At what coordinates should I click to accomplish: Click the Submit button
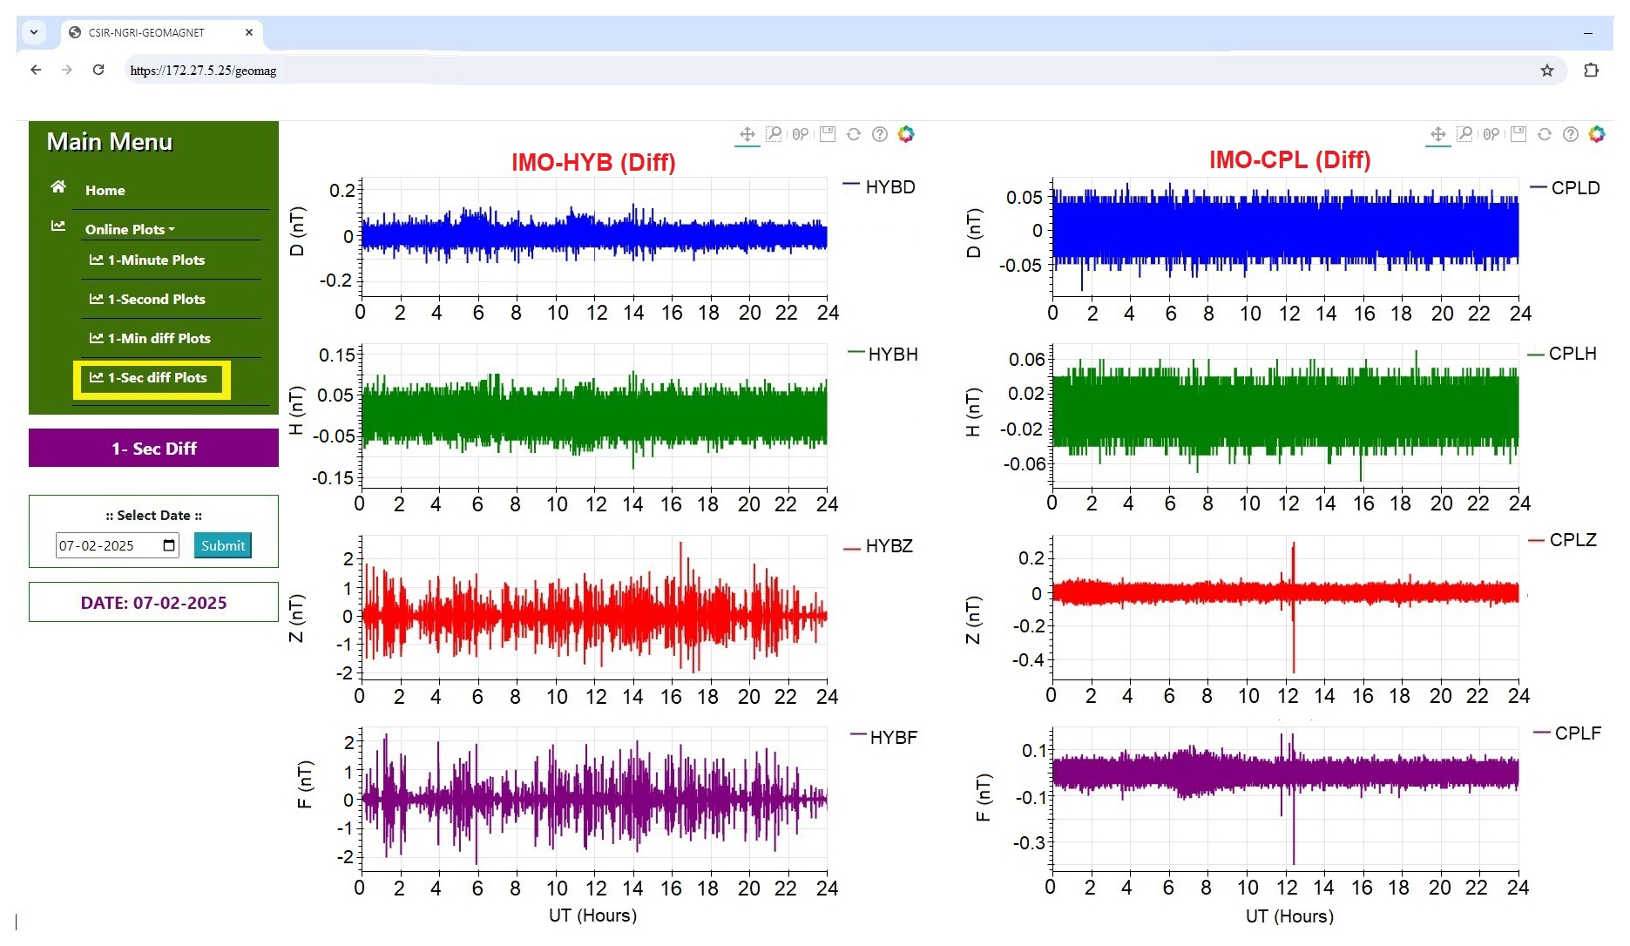(222, 545)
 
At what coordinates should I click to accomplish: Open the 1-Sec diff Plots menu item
(157, 378)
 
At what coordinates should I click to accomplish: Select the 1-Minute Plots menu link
(156, 260)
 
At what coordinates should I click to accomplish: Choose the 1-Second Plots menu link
(156, 300)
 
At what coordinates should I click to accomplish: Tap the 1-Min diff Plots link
(159, 339)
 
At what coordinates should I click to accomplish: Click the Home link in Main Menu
(105, 190)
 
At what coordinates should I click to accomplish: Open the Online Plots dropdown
(129, 229)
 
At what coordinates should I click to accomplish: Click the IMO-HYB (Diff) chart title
(593, 162)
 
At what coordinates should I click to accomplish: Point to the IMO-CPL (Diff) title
(1289, 160)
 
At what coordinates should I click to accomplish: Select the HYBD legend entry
(889, 187)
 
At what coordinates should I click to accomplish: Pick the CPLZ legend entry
(1573, 540)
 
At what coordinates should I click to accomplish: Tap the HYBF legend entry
(892, 738)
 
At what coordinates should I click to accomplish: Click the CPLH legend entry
(1572, 354)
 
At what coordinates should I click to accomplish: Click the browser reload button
(98, 70)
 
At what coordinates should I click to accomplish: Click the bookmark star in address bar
(1546, 71)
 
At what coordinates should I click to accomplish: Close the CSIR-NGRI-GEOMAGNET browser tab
(249, 32)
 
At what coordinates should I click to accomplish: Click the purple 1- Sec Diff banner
(153, 449)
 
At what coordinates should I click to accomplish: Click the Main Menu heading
(110, 142)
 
